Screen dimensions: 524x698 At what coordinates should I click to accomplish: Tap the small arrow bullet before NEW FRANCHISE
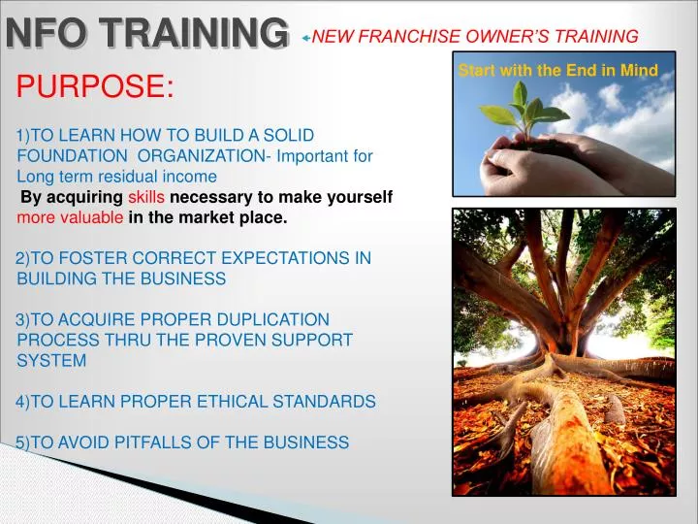pyautogui.click(x=305, y=38)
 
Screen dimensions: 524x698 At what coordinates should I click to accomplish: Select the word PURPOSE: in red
pyautogui.click(x=95, y=88)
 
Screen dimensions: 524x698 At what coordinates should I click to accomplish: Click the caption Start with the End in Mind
pyautogui.click(x=557, y=70)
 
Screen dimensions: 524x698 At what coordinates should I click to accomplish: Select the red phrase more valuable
pyautogui.click(x=70, y=217)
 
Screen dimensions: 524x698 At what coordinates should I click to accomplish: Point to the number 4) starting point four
pyautogui.click(x=24, y=401)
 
